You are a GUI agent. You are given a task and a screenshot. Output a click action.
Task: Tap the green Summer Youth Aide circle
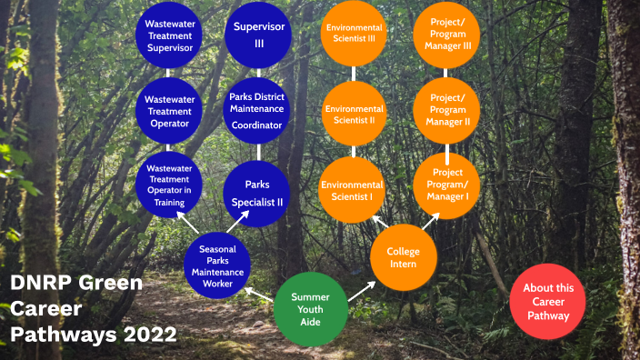pyautogui.click(x=311, y=306)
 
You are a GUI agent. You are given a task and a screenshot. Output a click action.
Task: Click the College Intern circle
pyautogui.click(x=404, y=257)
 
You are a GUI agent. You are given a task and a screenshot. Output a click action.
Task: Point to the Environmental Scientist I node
pyautogui.click(x=352, y=190)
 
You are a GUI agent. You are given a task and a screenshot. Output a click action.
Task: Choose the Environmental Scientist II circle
pyautogui.click(x=354, y=113)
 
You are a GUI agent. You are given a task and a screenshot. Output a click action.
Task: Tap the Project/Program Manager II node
pyautogui.click(x=448, y=114)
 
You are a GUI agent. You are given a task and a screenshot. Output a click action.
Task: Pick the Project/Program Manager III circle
pyautogui.click(x=448, y=35)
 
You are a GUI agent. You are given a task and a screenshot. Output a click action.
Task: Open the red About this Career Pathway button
pyautogui.click(x=548, y=302)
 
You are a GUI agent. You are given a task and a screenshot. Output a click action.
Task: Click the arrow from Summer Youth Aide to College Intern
pyautogui.click(x=360, y=290)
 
